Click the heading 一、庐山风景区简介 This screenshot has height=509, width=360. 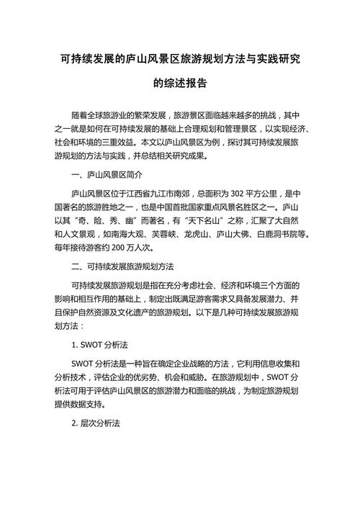point(107,175)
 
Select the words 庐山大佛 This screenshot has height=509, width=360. point(238,234)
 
